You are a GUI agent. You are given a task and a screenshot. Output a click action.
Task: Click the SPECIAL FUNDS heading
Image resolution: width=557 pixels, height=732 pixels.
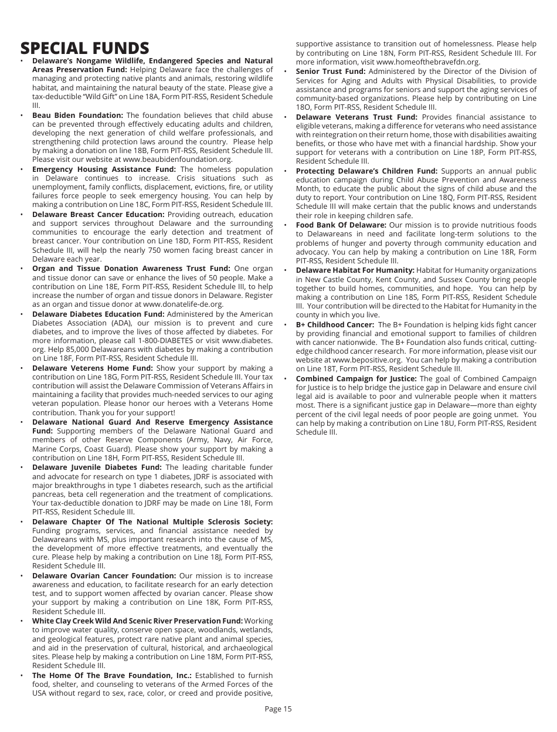pos(84,48)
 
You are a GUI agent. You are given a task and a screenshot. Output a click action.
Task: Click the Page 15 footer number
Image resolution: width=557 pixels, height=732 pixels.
pos(278,709)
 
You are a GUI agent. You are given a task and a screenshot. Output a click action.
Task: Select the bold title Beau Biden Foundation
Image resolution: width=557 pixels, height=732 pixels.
pos(77,115)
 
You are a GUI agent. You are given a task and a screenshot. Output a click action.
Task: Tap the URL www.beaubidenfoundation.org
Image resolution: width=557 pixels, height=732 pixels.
pos(178,159)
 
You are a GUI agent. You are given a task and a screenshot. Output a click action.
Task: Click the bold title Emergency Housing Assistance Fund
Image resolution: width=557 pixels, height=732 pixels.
pos(104,170)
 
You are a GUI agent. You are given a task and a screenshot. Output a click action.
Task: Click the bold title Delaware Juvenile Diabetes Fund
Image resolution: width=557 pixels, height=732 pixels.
pos(97,467)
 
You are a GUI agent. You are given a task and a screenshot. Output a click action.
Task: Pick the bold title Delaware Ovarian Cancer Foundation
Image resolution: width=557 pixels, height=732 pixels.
pos(104,575)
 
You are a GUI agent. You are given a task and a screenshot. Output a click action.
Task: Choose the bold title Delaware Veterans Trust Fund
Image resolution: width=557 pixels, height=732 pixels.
pos(356,117)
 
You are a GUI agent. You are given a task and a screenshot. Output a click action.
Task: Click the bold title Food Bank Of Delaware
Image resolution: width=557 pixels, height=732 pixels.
pos(341,225)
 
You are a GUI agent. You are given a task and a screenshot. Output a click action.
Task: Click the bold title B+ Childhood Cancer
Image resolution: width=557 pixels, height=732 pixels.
pos(335,324)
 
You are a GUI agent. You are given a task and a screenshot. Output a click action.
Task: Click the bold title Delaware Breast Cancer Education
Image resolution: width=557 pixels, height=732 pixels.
pos(98,214)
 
